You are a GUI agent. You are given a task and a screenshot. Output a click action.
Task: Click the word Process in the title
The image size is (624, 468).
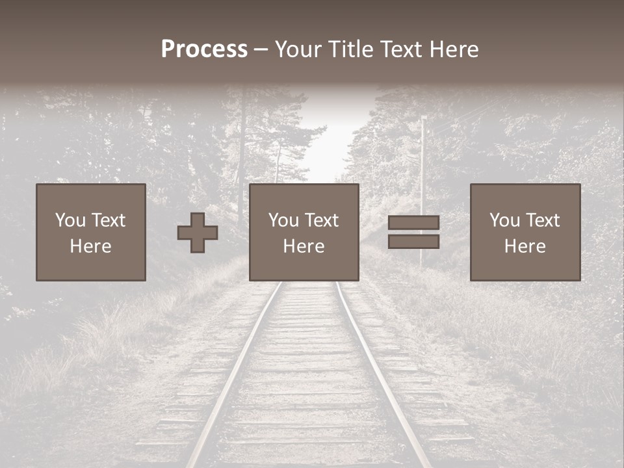point(204,49)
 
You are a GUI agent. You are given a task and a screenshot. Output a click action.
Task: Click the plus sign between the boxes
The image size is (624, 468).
point(198,233)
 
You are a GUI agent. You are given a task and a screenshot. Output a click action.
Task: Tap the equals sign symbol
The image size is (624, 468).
point(413,232)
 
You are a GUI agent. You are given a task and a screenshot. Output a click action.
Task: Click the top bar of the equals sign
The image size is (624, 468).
point(413,223)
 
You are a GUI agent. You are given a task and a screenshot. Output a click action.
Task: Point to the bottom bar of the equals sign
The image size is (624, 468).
point(413,241)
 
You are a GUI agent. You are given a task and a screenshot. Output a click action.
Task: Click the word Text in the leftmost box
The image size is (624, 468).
point(109,220)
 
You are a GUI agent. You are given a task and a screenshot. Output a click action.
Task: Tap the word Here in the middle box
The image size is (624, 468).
point(304,246)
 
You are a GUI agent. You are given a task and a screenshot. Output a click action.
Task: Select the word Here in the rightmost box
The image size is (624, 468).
point(525,246)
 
